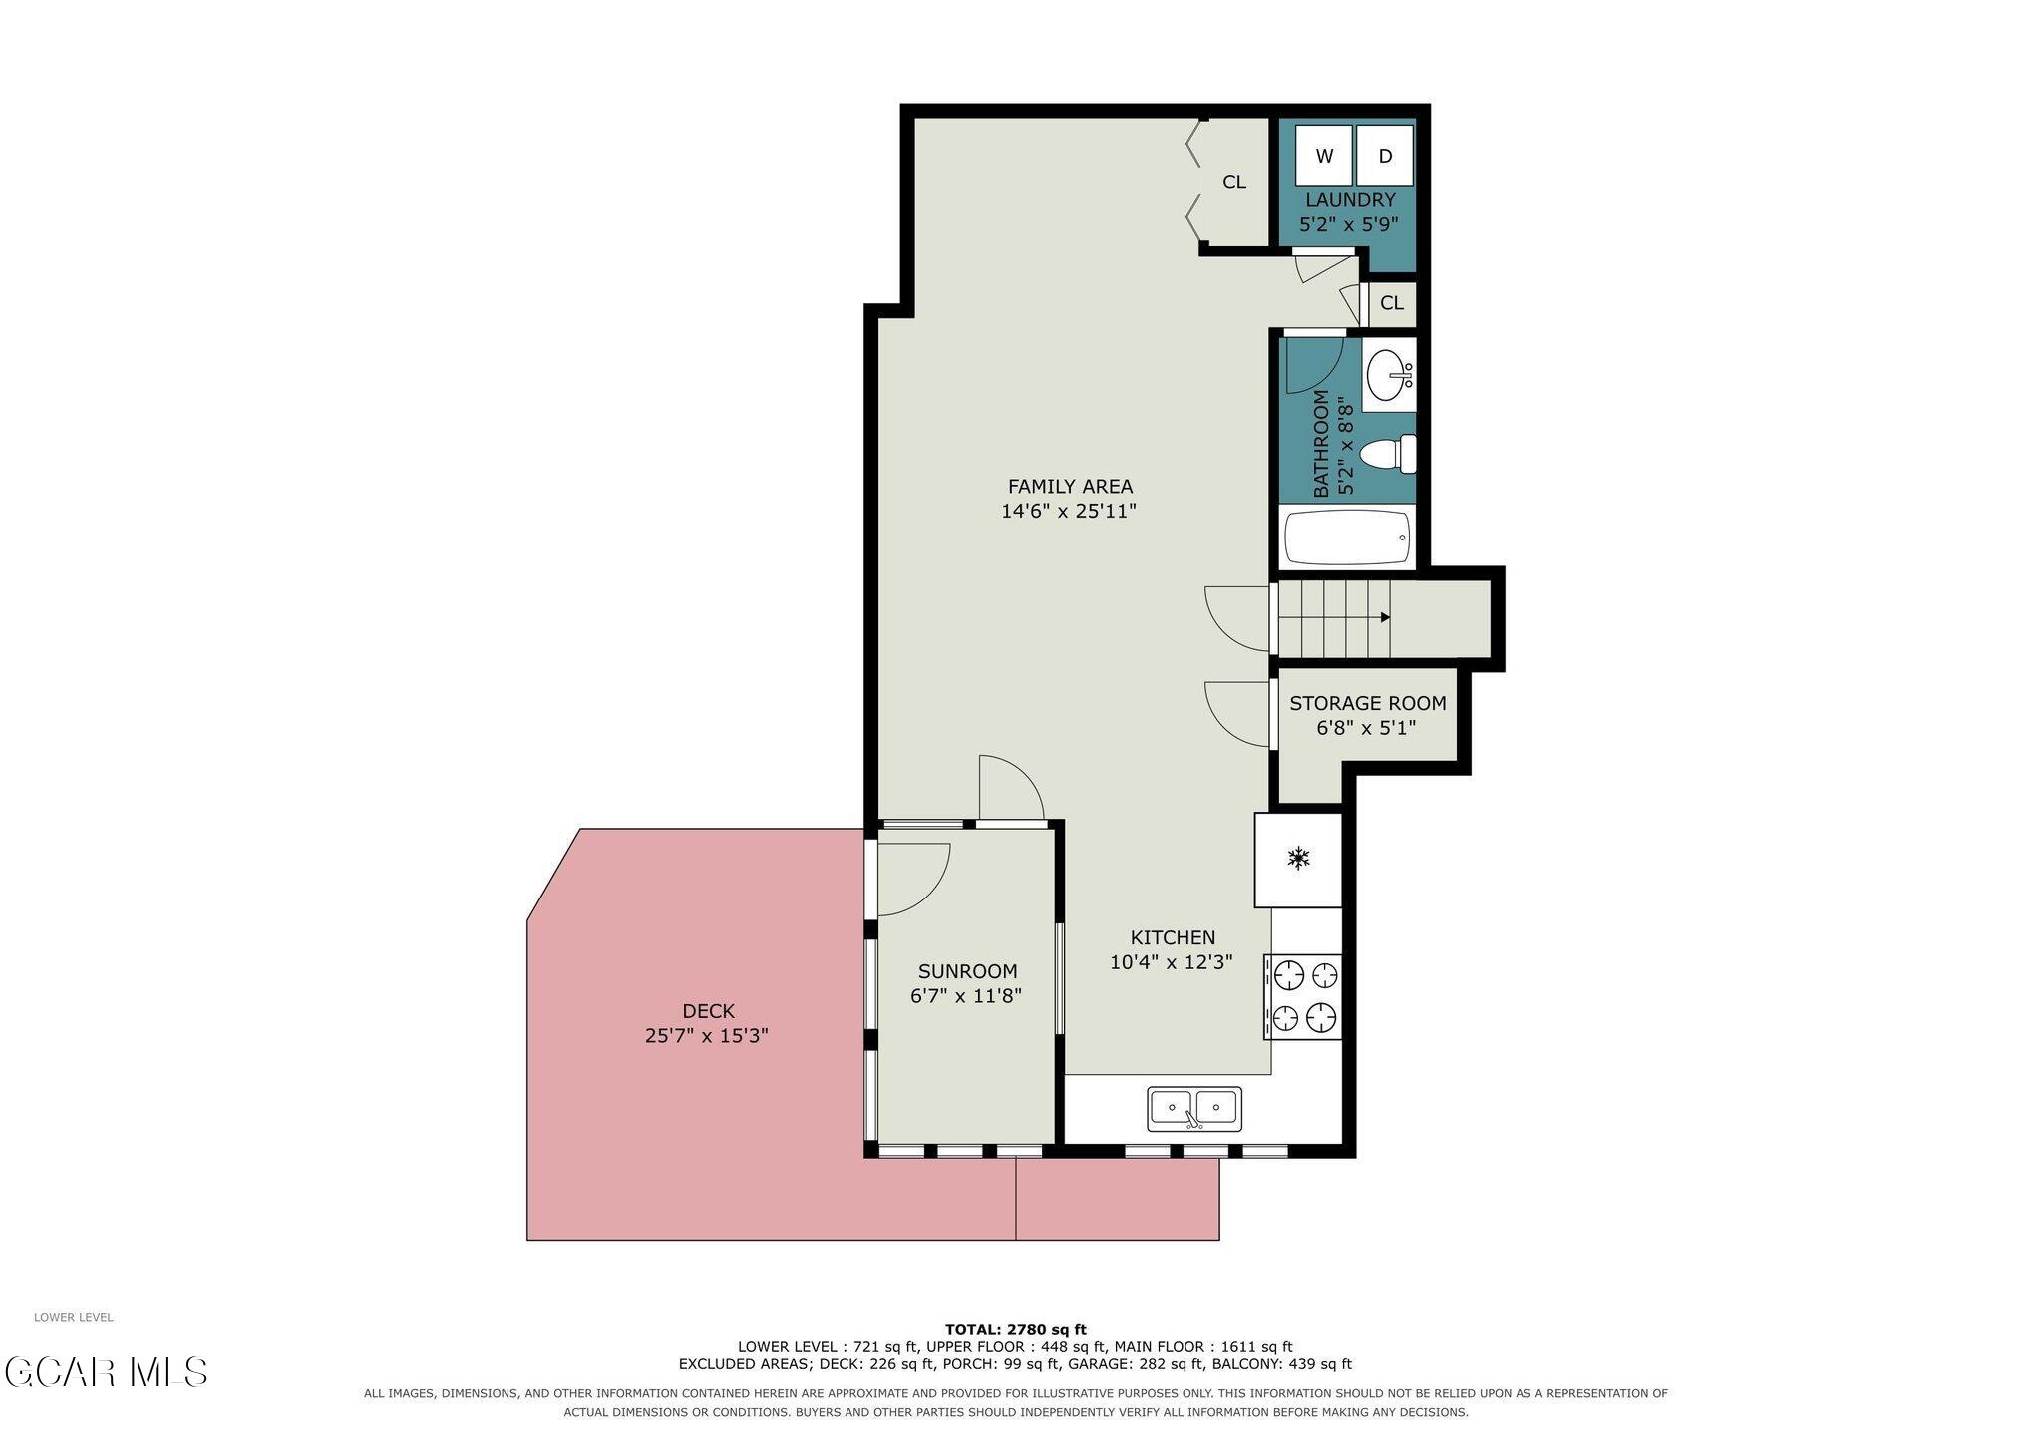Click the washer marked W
pyautogui.click(x=1324, y=156)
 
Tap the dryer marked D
pyautogui.click(x=1385, y=156)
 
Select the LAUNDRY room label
pyautogui.click(x=1350, y=200)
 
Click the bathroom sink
pyautogui.click(x=1389, y=375)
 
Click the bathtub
pyautogui.click(x=1347, y=538)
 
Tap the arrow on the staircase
pyautogui.click(x=1385, y=618)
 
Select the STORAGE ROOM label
pyautogui.click(x=1367, y=704)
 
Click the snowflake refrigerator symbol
pyautogui.click(x=1298, y=858)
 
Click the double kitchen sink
pyautogui.click(x=1194, y=1108)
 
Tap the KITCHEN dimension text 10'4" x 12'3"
pyautogui.click(x=1172, y=962)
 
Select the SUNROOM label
pyautogui.click(x=967, y=971)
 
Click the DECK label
pyautogui.click(x=708, y=1011)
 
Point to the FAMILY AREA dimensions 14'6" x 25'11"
pyautogui.click(x=1069, y=512)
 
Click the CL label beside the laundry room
pyautogui.click(x=1234, y=182)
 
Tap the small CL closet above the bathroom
pyautogui.click(x=1392, y=303)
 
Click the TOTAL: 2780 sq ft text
pyautogui.click(x=1016, y=1329)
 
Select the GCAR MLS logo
pyautogui.click(x=107, y=1372)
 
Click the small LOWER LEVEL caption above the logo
pyautogui.click(x=74, y=1317)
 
